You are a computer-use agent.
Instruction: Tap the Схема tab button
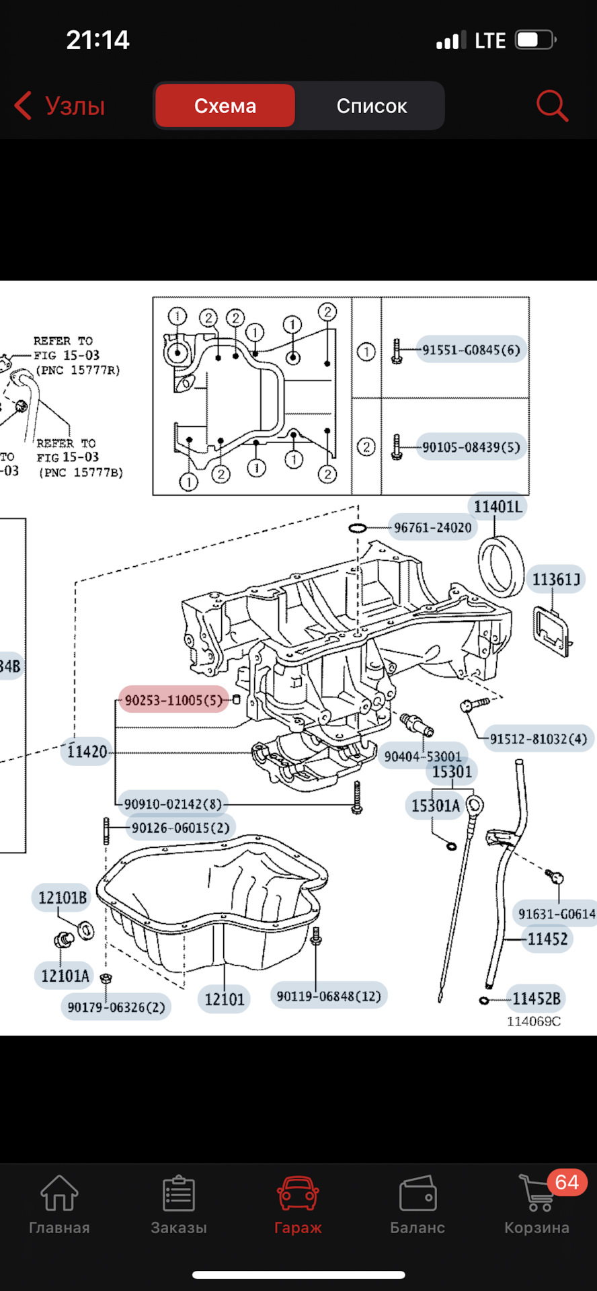[x=225, y=106]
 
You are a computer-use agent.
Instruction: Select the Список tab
[x=371, y=106]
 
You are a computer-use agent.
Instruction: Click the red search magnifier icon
[x=552, y=106]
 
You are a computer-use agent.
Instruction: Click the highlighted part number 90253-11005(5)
[x=173, y=700]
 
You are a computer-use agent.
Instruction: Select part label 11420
[x=87, y=751]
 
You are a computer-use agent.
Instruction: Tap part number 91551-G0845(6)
[x=471, y=350]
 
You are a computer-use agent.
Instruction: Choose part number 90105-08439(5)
[x=471, y=447]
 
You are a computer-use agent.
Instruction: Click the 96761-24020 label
[x=432, y=528]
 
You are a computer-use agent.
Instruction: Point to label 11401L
[x=497, y=506]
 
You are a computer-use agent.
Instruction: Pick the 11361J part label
[x=556, y=579]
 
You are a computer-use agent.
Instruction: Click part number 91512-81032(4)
[x=538, y=739]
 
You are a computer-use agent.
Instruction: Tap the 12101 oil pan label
[x=225, y=999]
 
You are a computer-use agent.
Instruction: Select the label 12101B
[x=63, y=898]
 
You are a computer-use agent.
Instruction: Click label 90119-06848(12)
[x=329, y=996]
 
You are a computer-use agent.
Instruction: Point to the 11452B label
[x=536, y=999]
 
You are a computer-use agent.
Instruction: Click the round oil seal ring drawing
[x=501, y=564]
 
